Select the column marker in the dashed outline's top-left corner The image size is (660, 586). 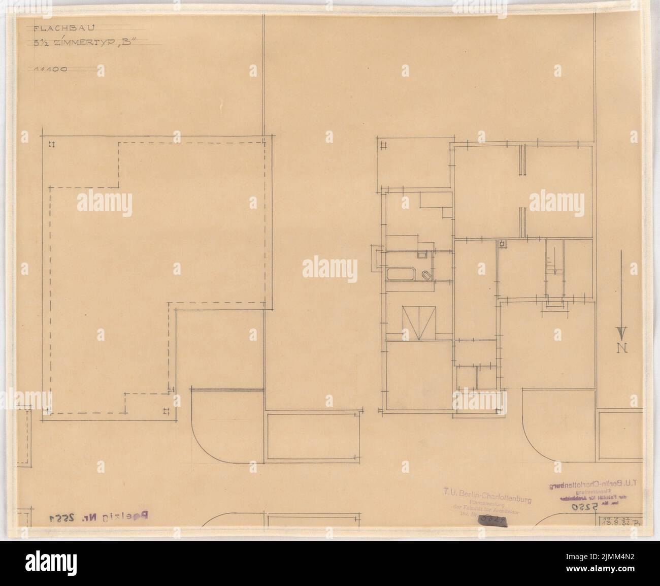tap(51, 145)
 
